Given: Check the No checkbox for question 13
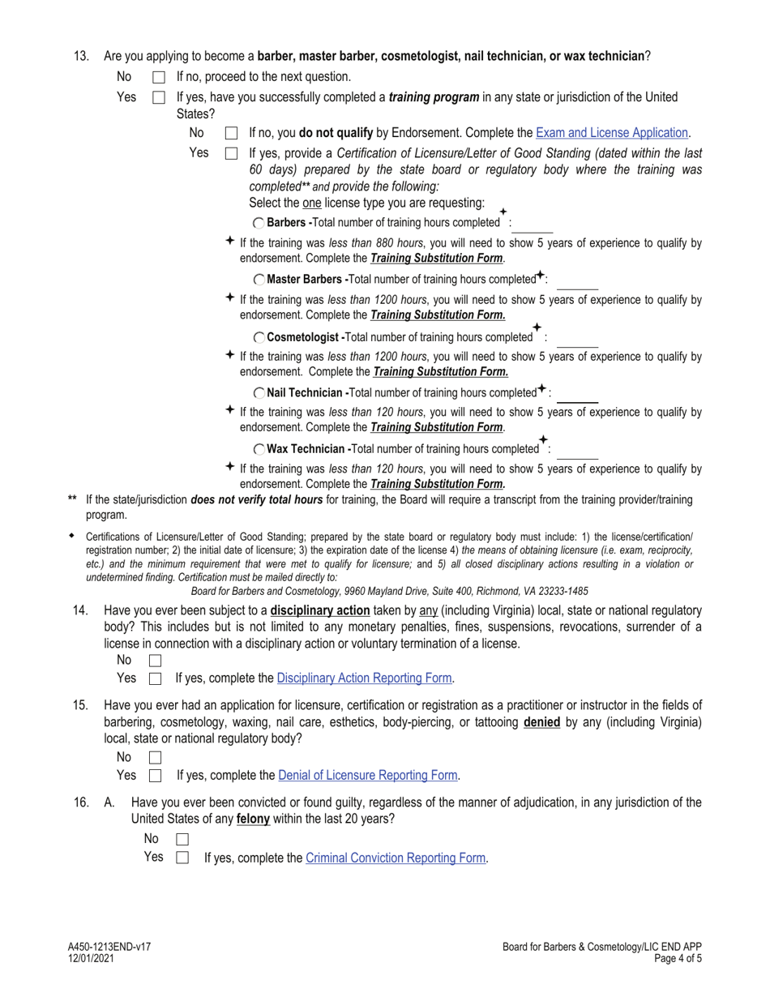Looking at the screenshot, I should click(159, 78).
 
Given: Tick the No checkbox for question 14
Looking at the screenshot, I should click(156, 661).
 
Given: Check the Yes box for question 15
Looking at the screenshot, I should click(156, 776).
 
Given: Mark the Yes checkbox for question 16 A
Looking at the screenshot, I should click(182, 858).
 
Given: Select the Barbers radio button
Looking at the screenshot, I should click(259, 223).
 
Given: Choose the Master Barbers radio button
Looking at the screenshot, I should click(259, 280).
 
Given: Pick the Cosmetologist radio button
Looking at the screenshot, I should click(259, 337).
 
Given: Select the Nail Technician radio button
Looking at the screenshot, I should click(259, 393).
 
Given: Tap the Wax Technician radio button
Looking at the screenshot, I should click(259, 449).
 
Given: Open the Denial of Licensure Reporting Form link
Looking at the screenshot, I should click(368, 776).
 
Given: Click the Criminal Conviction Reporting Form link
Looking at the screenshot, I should click(396, 858).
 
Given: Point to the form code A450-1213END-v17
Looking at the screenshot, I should click(109, 947).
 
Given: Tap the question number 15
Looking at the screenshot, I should click(80, 705).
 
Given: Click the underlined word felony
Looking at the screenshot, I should click(253, 819).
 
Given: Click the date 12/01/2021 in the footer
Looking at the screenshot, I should click(91, 958).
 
